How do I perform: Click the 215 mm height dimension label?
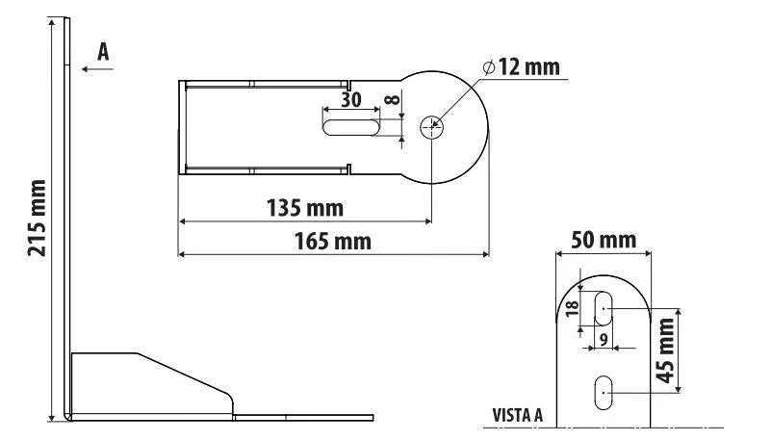click(38, 218)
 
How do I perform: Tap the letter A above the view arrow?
click(103, 52)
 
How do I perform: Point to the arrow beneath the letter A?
click(97, 68)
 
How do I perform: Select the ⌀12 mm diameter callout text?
click(521, 67)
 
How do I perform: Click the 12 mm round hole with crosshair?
click(432, 128)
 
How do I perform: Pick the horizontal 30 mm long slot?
click(351, 127)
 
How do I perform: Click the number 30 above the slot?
click(351, 100)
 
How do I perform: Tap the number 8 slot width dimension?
click(393, 100)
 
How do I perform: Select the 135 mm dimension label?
click(305, 208)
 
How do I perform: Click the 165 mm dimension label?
click(333, 242)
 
